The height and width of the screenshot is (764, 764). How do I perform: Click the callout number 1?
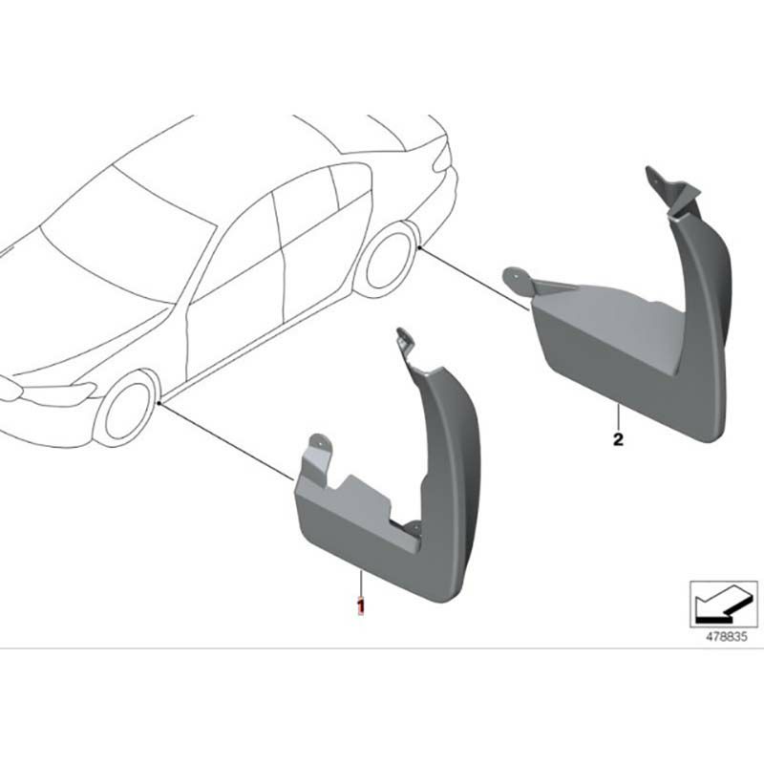(x=361, y=605)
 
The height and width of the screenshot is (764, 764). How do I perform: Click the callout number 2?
(x=618, y=440)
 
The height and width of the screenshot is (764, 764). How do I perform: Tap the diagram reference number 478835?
(x=726, y=637)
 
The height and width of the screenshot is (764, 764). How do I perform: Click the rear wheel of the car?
(x=388, y=260)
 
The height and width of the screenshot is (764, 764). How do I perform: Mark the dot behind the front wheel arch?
(x=160, y=403)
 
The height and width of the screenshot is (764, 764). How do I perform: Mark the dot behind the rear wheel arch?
(x=420, y=248)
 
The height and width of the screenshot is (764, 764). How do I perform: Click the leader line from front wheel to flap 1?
(x=227, y=442)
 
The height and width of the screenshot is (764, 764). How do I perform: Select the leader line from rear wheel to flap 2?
(x=475, y=279)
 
